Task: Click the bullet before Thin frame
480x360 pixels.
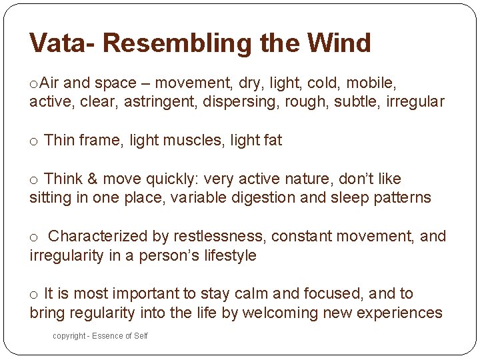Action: [33, 141]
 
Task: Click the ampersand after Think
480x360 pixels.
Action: [92, 179]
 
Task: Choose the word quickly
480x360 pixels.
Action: [169, 179]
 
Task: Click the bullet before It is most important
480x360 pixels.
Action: [33, 295]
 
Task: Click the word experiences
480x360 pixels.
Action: [400, 313]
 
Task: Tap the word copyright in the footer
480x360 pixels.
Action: [69, 336]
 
